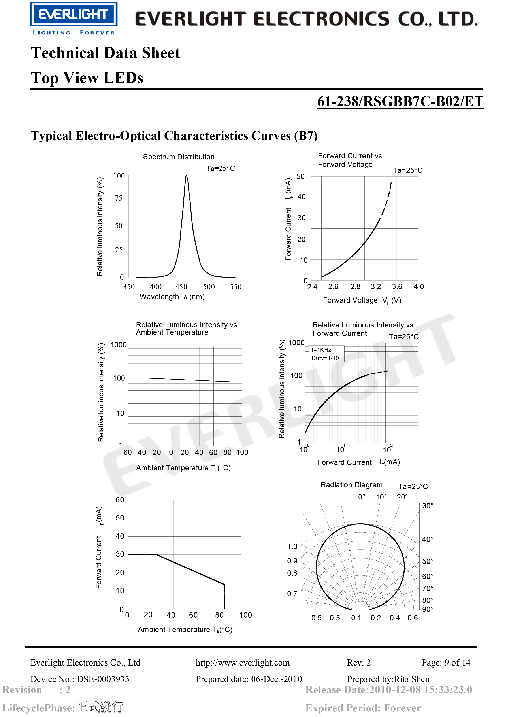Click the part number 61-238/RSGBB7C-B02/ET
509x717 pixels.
pos(400,102)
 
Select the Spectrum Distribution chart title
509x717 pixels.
pos(179,157)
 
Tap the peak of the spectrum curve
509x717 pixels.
pos(187,176)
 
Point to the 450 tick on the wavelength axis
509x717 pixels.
pos(181,287)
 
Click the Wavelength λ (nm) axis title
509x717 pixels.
pos(172,297)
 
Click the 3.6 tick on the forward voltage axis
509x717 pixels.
pos(397,287)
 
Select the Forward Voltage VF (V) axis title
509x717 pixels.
pos(362,300)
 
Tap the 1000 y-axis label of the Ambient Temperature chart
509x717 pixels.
pos(119,345)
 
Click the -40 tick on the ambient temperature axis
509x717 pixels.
pos(141,452)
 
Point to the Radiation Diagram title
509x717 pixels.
pos(351,485)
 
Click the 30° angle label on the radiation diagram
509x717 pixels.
pos(428,506)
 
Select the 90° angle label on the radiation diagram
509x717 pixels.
pos(428,609)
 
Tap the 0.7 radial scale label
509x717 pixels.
pos(292,594)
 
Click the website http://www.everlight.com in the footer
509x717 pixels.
pos(243,662)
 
